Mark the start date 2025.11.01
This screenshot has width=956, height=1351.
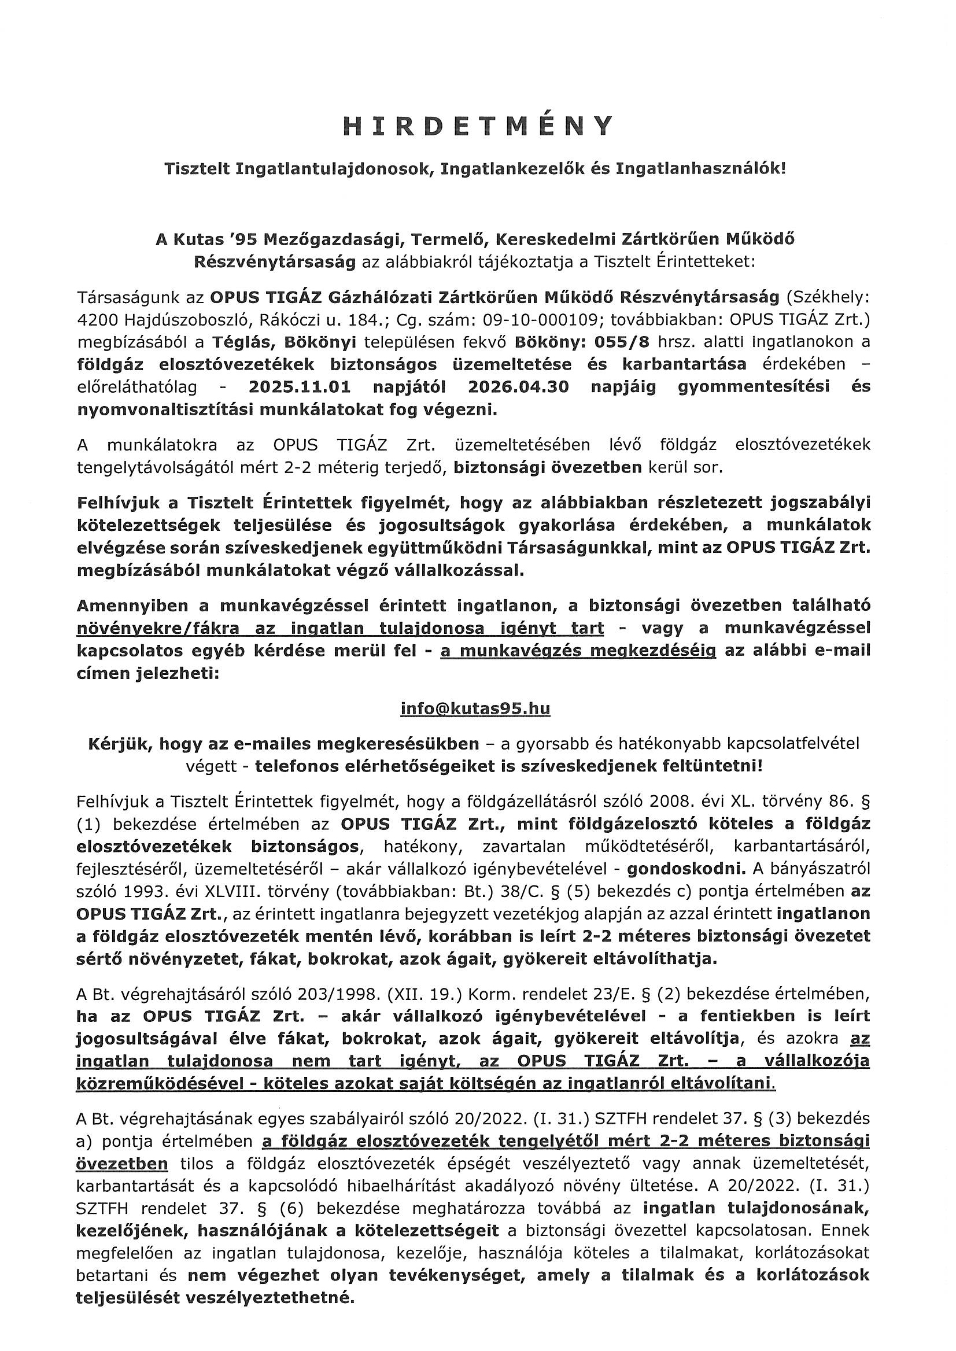[x=300, y=387]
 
